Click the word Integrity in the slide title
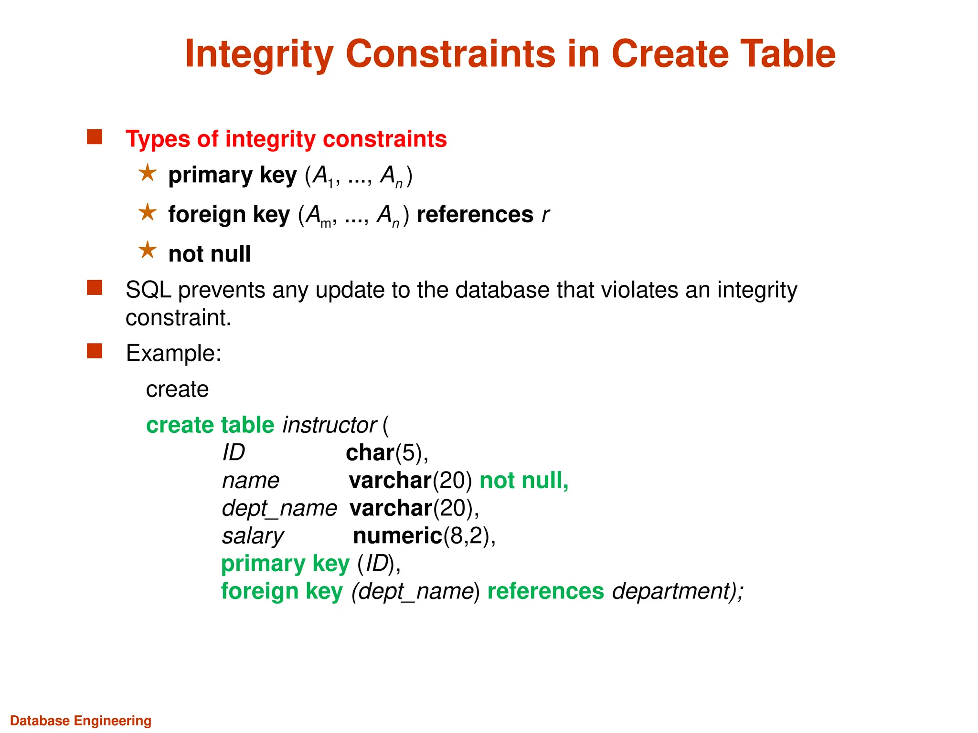[x=259, y=54]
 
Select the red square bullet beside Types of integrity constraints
[x=95, y=137]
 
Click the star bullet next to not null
[x=148, y=250]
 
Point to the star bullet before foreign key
[x=148, y=212]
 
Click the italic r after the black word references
[x=545, y=215]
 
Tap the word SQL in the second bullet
[x=148, y=290]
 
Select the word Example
[x=173, y=354]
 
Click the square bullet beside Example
[x=95, y=351]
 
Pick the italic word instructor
[x=330, y=425]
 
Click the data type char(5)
[x=386, y=453]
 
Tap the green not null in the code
[x=523, y=481]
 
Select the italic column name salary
[x=253, y=536]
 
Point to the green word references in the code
[x=545, y=591]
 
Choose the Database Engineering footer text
[x=81, y=721]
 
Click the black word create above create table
[x=177, y=389]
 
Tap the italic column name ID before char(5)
[x=234, y=453]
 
